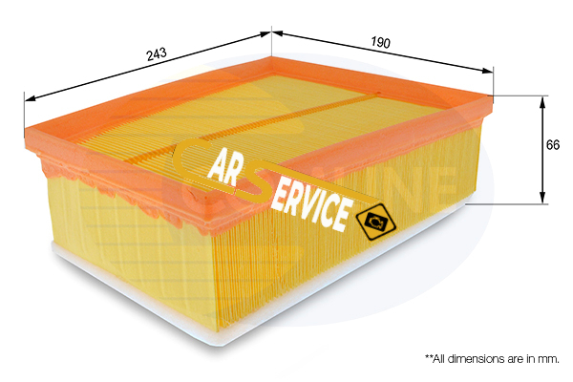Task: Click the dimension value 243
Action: [157, 55]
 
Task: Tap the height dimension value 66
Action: [553, 145]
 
